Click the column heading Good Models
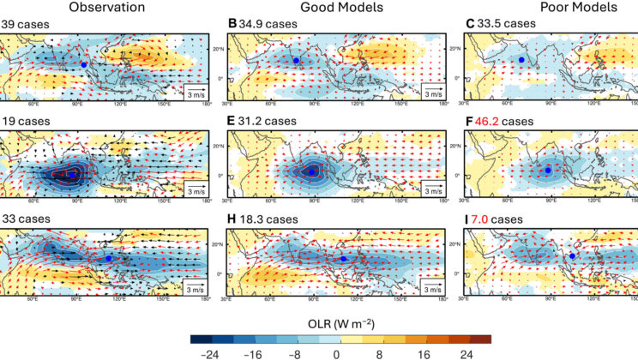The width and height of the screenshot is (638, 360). [336, 7]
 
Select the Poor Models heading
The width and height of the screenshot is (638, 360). [575, 7]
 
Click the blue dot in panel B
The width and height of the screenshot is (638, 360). [295, 60]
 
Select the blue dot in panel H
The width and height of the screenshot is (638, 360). [344, 259]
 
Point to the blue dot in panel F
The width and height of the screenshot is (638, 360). [548, 171]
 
